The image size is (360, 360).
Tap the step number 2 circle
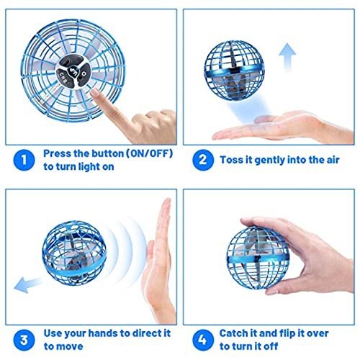[x=203, y=160]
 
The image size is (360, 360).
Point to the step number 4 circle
[x=203, y=337]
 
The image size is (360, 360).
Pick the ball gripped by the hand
[x=272, y=252]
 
